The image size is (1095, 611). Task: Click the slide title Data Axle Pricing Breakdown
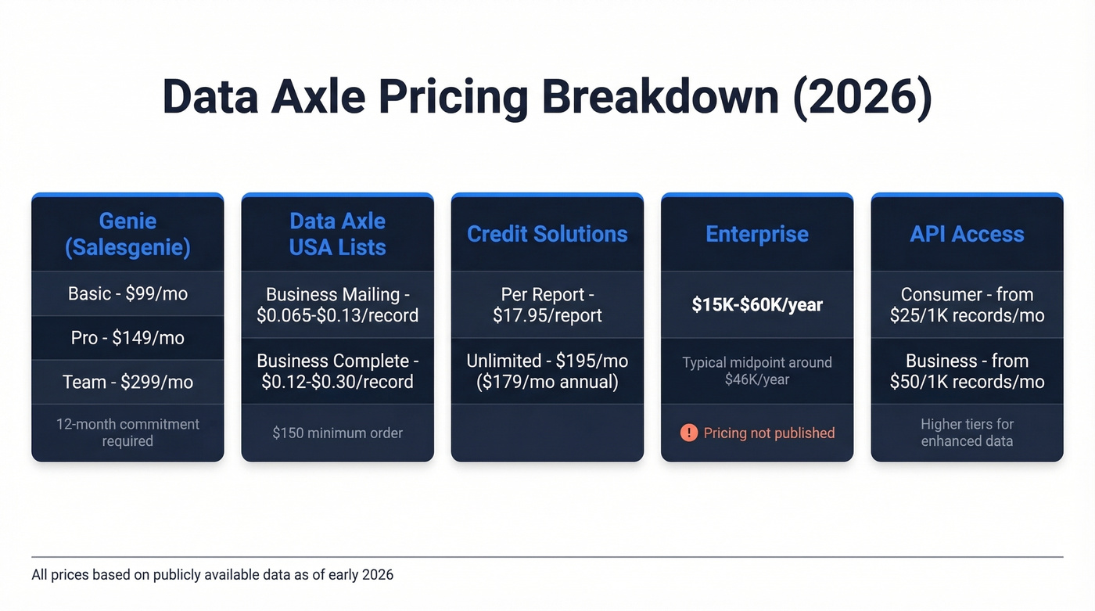pos(547,97)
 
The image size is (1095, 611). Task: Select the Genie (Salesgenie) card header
pos(127,234)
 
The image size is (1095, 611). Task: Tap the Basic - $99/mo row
pos(127,293)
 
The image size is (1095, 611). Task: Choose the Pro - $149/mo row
pos(127,338)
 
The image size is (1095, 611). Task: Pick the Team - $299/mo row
pos(127,382)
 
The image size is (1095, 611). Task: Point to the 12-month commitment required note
pos(127,433)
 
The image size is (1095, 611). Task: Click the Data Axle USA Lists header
pos(337,234)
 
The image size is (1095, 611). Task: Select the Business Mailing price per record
pos(337,305)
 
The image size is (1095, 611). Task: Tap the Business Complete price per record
pos(337,371)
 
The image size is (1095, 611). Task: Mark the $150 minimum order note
pos(337,433)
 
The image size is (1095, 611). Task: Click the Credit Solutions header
pos(547,234)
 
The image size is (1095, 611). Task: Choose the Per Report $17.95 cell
pos(547,305)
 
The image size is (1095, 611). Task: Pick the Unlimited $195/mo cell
pos(547,371)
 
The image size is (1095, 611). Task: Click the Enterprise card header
pos(756,234)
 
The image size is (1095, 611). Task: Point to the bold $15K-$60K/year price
pos(756,305)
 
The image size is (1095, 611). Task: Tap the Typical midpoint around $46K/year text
pos(756,371)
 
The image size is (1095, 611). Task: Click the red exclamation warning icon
pos(688,433)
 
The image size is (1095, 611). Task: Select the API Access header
pos(967,234)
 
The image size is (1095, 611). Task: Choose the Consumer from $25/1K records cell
pos(967,305)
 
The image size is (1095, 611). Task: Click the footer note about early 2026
pos(212,575)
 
